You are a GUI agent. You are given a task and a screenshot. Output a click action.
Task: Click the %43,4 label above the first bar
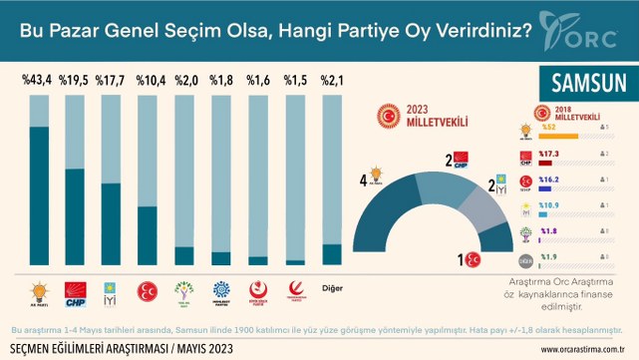coord(38,80)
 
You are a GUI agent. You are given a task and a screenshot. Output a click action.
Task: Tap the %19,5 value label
coord(76,80)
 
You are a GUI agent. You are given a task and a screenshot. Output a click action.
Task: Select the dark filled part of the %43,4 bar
coord(38,195)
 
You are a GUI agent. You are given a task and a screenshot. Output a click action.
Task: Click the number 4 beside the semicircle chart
coord(365,180)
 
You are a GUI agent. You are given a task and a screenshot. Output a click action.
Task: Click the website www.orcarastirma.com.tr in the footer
coord(583,349)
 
